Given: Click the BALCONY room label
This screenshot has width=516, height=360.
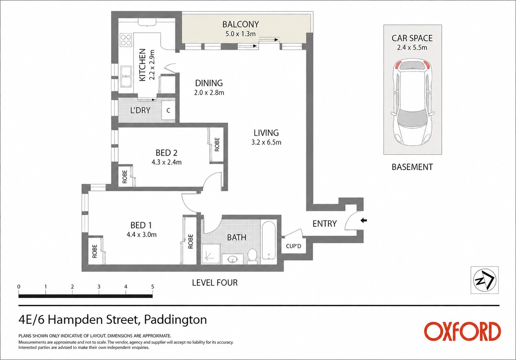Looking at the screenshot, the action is click(x=241, y=24).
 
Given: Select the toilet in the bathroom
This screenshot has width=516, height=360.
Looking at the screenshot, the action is click(x=252, y=256).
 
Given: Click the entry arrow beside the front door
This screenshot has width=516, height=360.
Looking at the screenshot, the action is click(x=363, y=221).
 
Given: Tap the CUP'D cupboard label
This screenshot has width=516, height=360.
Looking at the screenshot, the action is click(x=294, y=246).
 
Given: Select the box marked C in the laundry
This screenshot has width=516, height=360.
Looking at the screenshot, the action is click(x=168, y=110).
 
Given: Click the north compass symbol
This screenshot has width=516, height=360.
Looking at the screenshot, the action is click(x=484, y=280).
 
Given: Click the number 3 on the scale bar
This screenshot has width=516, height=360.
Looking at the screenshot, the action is click(x=99, y=287).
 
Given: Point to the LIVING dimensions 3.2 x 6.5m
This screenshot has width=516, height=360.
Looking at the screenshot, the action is click(x=266, y=142).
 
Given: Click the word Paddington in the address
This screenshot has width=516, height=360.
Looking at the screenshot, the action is click(x=175, y=320).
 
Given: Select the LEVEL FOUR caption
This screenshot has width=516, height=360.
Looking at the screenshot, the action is click(x=215, y=283).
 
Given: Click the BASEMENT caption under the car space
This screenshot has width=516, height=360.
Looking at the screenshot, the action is click(x=412, y=167).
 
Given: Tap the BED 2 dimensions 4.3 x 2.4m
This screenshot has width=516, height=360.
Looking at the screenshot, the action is click(x=166, y=162).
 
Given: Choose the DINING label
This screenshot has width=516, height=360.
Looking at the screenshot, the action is click(x=209, y=83).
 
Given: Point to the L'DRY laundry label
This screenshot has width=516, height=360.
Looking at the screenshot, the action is click(x=140, y=110).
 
